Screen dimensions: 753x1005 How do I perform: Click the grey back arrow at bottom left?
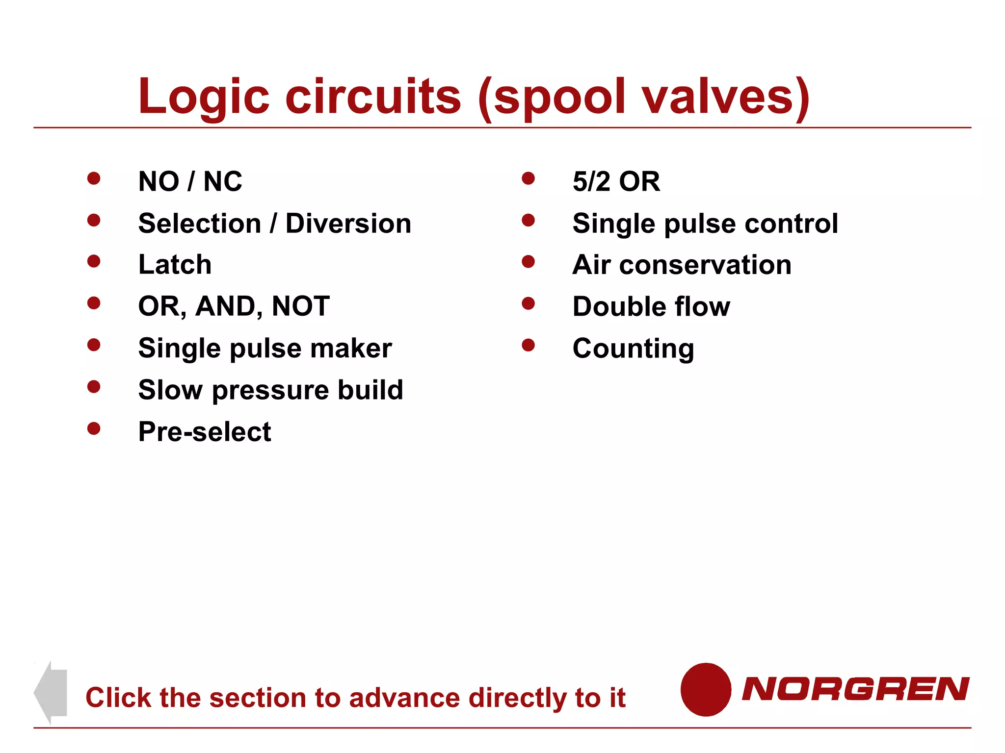pos(52,692)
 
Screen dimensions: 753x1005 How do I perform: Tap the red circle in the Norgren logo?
pos(706,689)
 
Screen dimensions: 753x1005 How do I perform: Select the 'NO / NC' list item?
pos(190,181)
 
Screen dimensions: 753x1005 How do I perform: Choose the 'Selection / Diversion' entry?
pos(275,224)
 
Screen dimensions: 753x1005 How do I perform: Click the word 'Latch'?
pos(175,265)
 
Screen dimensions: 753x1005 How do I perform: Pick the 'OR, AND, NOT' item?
pos(234,306)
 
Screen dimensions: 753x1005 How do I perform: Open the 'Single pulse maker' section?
pos(265,349)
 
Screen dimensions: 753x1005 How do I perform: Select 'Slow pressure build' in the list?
pos(271,390)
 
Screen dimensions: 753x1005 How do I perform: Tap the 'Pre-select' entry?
pos(205,432)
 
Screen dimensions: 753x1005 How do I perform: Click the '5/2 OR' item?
pos(616,181)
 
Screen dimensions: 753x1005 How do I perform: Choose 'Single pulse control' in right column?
pos(705,224)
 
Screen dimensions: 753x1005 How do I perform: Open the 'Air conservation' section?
pos(682,265)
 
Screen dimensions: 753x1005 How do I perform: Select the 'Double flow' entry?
pos(651,306)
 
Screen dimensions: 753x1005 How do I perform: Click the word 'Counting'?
pos(633,349)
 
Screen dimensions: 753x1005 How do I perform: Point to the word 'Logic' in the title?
pos(204,97)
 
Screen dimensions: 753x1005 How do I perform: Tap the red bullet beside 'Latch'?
pos(94,261)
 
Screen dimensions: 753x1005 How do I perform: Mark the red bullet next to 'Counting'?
pos(528,345)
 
